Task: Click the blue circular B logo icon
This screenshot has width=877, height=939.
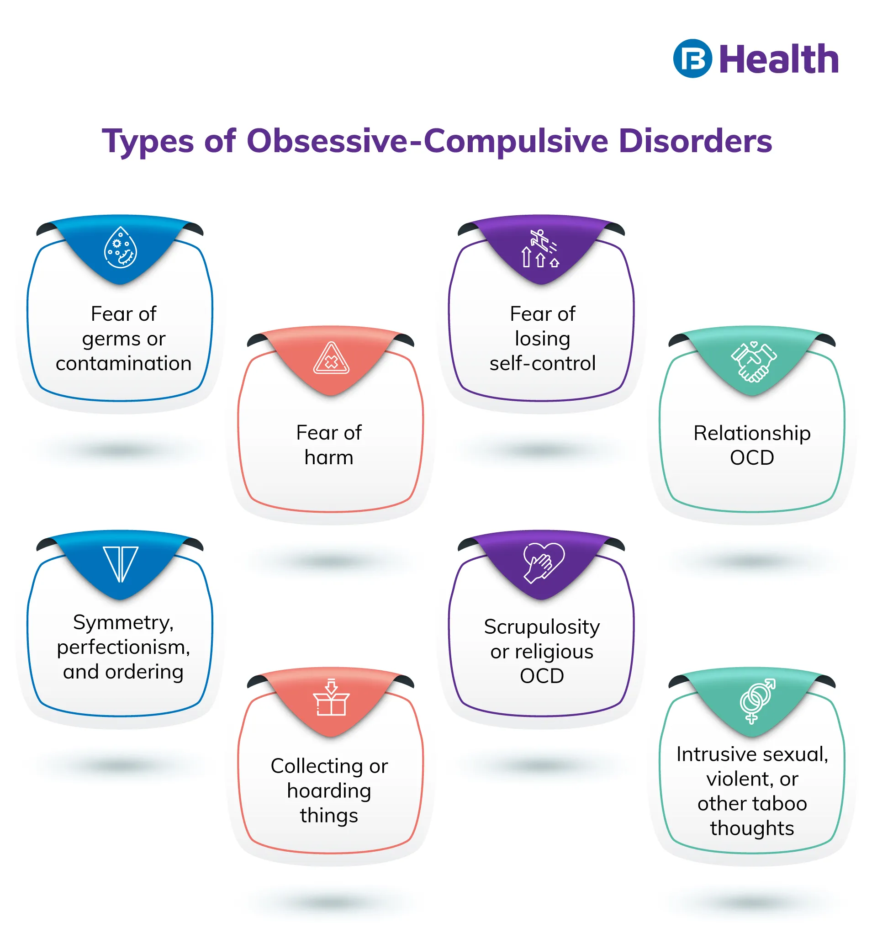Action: (x=692, y=58)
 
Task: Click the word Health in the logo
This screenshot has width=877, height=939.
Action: (x=778, y=59)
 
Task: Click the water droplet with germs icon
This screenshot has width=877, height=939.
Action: (x=121, y=248)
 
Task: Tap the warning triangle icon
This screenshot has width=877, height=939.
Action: (x=331, y=358)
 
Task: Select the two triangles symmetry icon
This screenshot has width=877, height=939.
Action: (x=121, y=564)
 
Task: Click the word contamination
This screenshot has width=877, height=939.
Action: (x=124, y=363)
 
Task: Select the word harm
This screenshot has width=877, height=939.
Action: (x=329, y=457)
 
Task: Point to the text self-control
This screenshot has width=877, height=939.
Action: (x=542, y=363)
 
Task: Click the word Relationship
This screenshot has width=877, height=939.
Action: (x=752, y=434)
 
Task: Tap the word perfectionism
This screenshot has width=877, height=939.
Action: (x=124, y=648)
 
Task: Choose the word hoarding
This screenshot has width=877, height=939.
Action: (x=329, y=791)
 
